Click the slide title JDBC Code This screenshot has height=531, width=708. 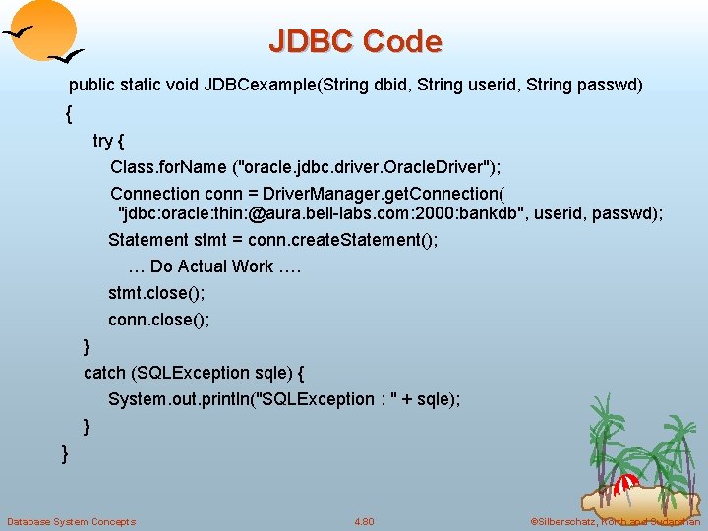tap(355, 41)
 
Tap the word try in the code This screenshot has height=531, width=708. tap(102, 141)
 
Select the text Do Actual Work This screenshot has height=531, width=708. tap(211, 266)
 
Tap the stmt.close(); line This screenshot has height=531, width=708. tap(156, 293)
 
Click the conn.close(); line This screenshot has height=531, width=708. tap(159, 320)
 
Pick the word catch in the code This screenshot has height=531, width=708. tap(104, 373)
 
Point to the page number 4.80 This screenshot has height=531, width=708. tap(364, 521)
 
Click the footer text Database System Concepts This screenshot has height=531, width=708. tap(71, 521)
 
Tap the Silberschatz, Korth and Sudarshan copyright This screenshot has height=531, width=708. tap(614, 521)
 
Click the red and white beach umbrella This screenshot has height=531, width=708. tap(625, 483)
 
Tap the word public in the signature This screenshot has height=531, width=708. tap(91, 86)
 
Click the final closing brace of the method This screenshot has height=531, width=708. tap(65, 453)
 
